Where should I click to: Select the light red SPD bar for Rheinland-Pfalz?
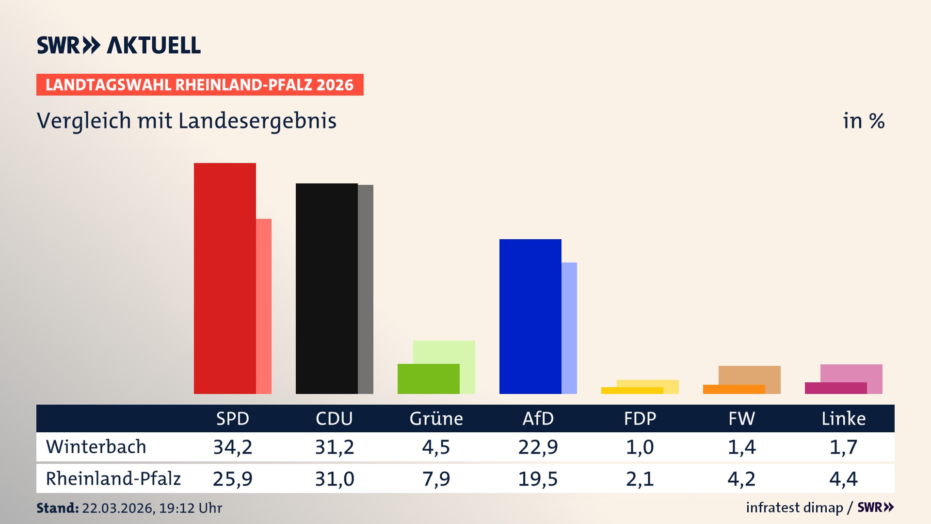(x=264, y=306)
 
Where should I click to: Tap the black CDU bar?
(x=326, y=288)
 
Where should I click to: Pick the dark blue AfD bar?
(x=530, y=316)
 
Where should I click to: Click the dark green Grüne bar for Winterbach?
(x=428, y=378)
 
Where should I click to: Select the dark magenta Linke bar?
(x=835, y=388)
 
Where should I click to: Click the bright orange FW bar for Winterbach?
(x=734, y=389)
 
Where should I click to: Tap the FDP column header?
(x=640, y=418)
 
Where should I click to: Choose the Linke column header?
(x=843, y=418)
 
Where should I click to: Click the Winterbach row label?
(x=96, y=447)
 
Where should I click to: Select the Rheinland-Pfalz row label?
(x=113, y=479)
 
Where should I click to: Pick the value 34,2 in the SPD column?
(x=233, y=447)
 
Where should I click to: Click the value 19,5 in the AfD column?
(x=538, y=479)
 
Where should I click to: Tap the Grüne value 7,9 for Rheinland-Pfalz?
(x=436, y=479)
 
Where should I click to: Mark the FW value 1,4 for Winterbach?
(x=741, y=447)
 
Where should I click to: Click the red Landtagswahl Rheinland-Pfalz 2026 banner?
(x=200, y=85)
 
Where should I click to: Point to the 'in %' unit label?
(x=863, y=121)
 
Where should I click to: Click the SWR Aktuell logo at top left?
(x=119, y=45)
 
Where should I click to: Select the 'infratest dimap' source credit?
(x=794, y=508)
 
